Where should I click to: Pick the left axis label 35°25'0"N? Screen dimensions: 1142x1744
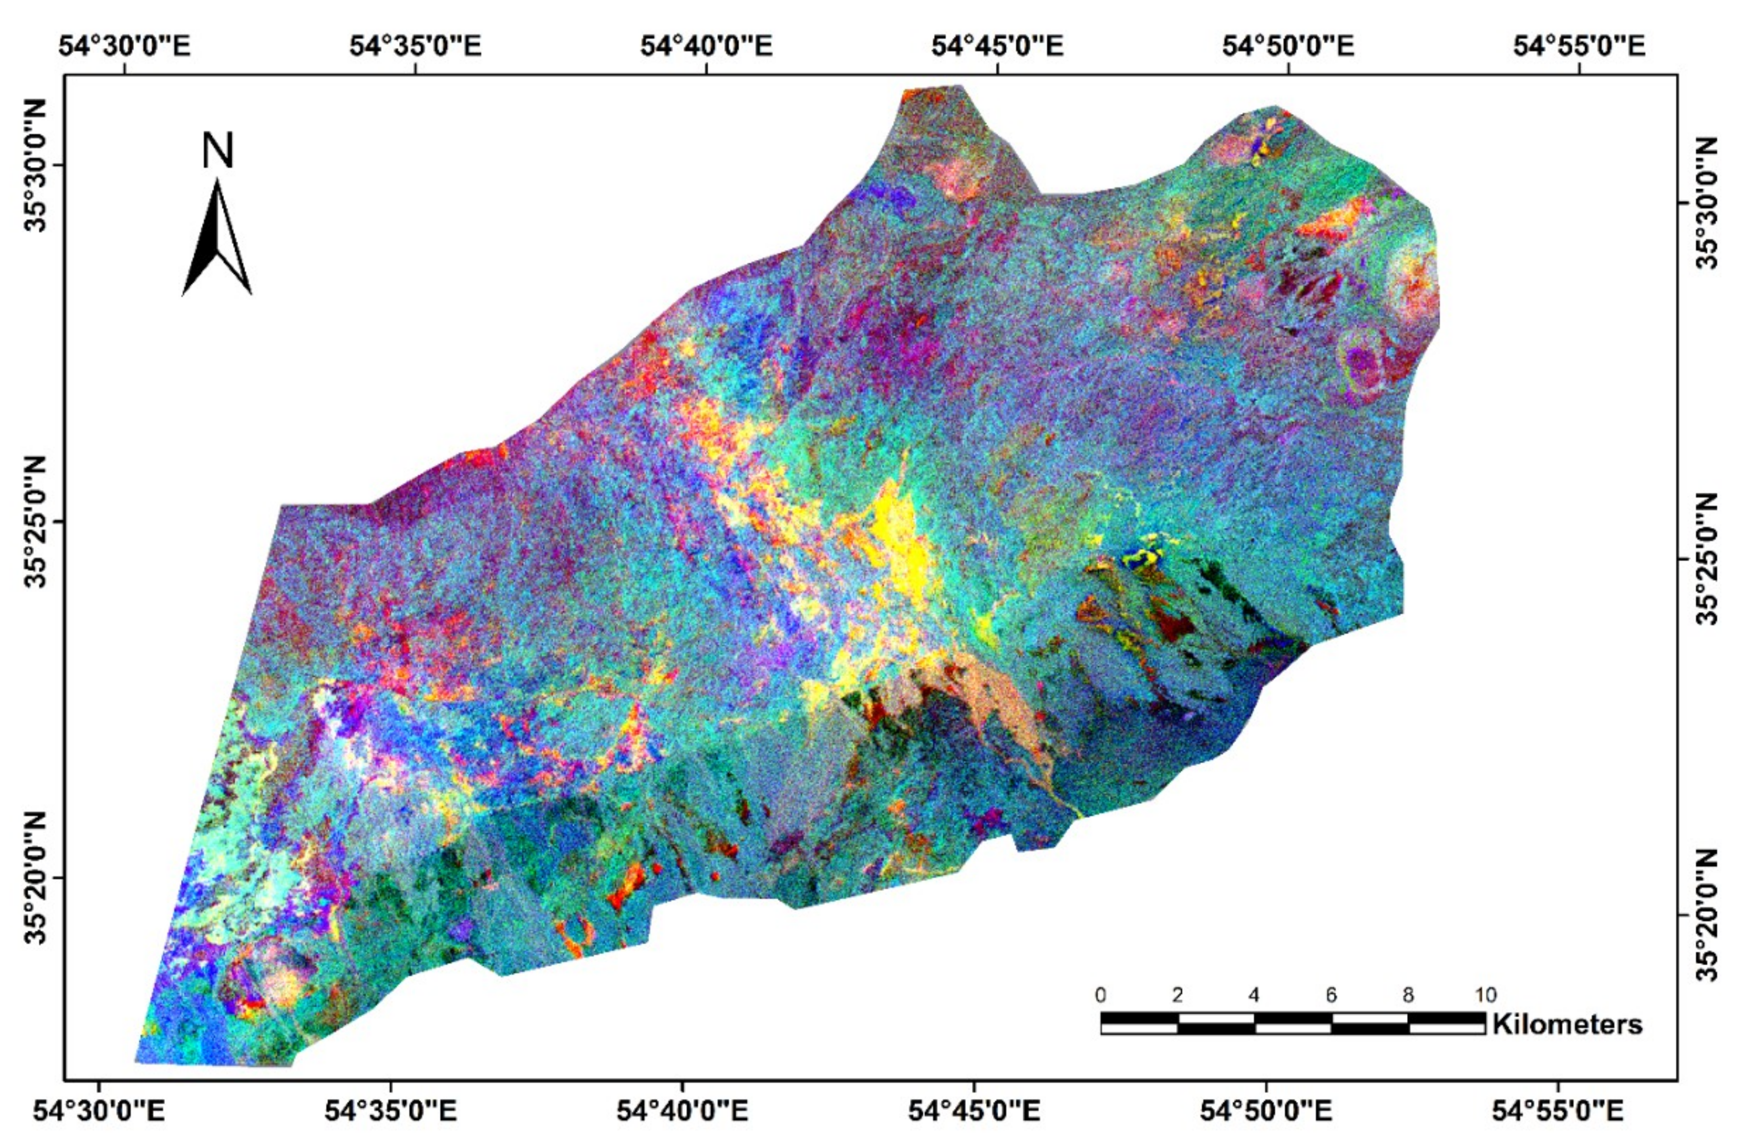click(x=35, y=521)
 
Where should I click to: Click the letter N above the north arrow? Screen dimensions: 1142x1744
click(x=217, y=151)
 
